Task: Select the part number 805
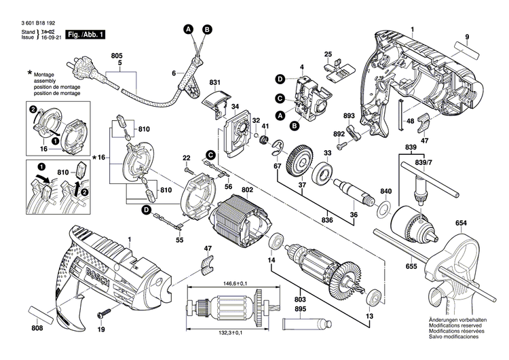(117, 54)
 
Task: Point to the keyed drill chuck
(417, 221)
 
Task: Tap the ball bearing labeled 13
(373, 298)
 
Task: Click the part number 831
(214, 84)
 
